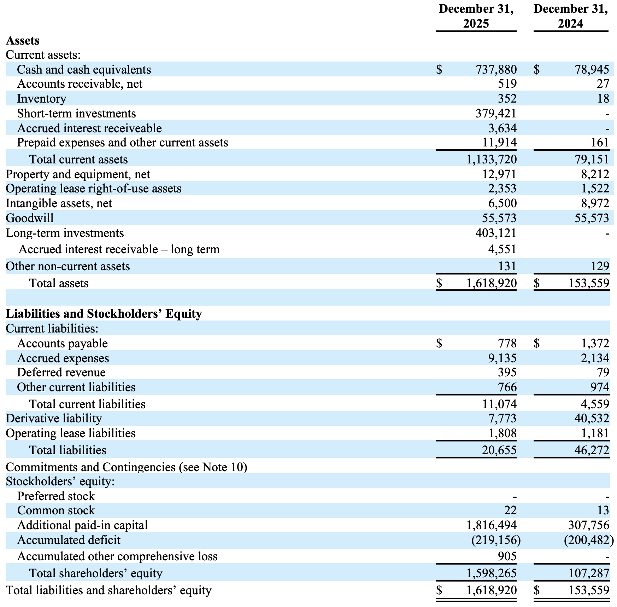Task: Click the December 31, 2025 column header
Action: click(476, 16)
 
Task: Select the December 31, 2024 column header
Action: click(571, 16)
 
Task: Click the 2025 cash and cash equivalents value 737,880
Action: click(496, 70)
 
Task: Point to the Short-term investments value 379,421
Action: click(496, 114)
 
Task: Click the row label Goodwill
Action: click(30, 218)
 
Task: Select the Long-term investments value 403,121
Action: click(496, 233)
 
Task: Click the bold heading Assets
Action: click(23, 41)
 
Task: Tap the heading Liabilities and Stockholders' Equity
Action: click(104, 314)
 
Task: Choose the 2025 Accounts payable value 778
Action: click(507, 343)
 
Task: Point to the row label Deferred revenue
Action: click(61, 372)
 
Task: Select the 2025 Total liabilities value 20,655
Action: click(499, 450)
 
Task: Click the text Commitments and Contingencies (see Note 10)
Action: click(127, 467)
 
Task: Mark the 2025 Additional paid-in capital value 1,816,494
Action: click(492, 525)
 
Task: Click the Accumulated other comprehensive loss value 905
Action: click(507, 556)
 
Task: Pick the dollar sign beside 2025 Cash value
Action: click(439, 70)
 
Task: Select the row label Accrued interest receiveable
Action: click(89, 128)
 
